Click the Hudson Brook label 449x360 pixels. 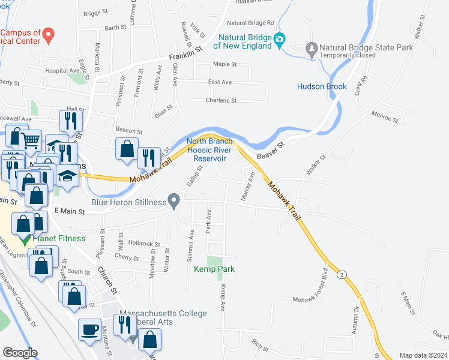coord(322,86)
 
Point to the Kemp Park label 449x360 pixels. coord(214,269)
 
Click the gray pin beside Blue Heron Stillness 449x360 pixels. coord(175,200)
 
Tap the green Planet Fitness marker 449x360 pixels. coord(25,239)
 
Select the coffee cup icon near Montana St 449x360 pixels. coord(91,330)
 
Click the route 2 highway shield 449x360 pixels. coord(342,275)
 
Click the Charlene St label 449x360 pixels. coord(221,101)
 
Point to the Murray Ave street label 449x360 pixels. coord(247,185)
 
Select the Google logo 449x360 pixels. coord(20,353)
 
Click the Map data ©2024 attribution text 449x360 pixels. coord(423,355)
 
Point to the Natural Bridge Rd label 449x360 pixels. coord(250,23)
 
